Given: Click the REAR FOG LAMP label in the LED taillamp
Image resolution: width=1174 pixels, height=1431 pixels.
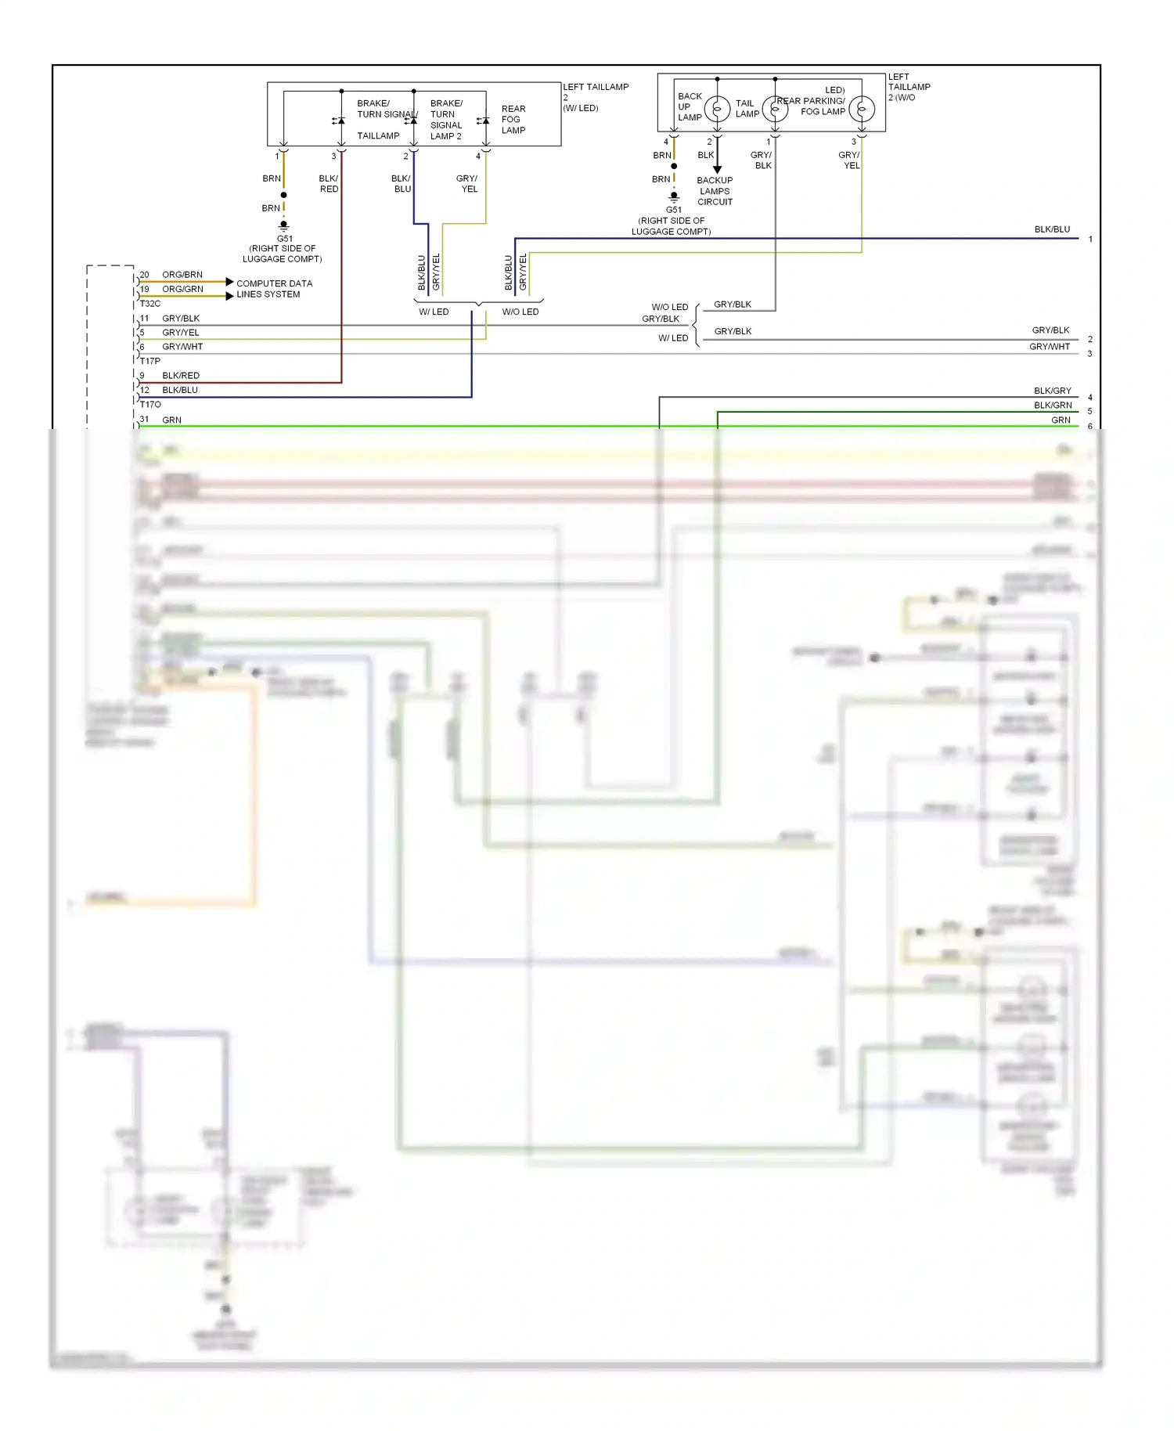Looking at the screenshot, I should click(x=513, y=120).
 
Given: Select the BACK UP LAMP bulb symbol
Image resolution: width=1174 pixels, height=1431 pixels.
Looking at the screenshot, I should click(x=717, y=109).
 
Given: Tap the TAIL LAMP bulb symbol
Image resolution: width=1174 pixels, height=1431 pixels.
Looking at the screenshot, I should click(x=775, y=109).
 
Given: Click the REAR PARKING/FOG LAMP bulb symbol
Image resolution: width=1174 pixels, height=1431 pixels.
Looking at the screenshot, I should click(x=862, y=109).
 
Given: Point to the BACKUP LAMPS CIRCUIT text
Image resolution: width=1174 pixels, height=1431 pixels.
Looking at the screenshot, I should click(x=715, y=191).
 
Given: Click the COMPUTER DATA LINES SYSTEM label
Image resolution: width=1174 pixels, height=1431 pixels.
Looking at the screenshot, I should click(x=273, y=289).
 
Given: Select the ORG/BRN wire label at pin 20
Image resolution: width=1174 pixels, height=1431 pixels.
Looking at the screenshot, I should click(x=182, y=275).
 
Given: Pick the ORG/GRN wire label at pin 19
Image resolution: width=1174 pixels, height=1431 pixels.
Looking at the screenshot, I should click(x=182, y=289).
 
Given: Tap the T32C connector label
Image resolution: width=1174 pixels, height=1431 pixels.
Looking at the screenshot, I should click(x=150, y=303).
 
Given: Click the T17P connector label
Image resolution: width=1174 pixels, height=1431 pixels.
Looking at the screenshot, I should click(x=150, y=361).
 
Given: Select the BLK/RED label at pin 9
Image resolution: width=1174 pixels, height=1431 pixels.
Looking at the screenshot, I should click(x=180, y=376).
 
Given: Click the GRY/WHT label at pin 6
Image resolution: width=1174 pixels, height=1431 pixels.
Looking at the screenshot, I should click(x=182, y=347).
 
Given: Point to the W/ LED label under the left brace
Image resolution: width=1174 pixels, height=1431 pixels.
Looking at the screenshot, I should click(x=434, y=312).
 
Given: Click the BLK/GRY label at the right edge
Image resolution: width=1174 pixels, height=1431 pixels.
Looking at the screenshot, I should click(x=1052, y=391).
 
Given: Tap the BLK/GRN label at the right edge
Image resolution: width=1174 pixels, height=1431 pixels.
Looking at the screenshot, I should click(x=1052, y=406).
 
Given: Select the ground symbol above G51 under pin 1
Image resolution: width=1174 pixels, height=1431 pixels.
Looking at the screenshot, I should click(x=283, y=226).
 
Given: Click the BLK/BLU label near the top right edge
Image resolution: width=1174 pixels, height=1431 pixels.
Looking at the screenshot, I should click(x=1051, y=229).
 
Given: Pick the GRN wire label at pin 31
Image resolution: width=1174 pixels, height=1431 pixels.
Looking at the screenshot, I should click(x=171, y=420).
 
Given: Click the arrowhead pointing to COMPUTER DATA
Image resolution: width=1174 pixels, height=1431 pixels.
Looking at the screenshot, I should click(x=229, y=282).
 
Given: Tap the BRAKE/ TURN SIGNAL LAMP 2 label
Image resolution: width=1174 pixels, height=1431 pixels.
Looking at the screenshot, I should click(x=446, y=120).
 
